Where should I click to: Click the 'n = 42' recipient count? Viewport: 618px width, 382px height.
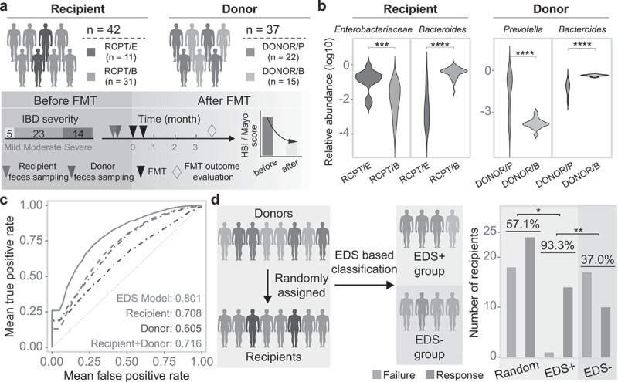(x=104, y=29)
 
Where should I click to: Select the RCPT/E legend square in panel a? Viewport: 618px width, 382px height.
(x=91, y=52)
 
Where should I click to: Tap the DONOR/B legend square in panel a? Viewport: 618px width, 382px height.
(x=250, y=76)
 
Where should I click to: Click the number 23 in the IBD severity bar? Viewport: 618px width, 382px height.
(x=38, y=134)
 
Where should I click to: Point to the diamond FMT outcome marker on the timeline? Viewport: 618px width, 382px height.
(x=212, y=130)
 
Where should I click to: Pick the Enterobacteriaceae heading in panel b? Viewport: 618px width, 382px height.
(x=373, y=29)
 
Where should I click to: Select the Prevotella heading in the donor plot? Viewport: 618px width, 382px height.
(x=523, y=29)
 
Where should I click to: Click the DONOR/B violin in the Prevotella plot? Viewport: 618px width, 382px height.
(x=535, y=123)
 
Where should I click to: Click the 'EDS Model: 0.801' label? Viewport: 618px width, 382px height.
(x=159, y=299)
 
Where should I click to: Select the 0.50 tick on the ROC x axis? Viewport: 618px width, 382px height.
(x=127, y=361)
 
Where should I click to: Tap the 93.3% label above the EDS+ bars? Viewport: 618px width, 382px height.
(x=557, y=245)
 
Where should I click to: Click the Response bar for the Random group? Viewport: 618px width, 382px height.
(x=529, y=296)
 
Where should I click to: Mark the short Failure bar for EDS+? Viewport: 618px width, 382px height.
(x=549, y=354)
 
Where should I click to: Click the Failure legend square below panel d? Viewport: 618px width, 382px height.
(x=376, y=375)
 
